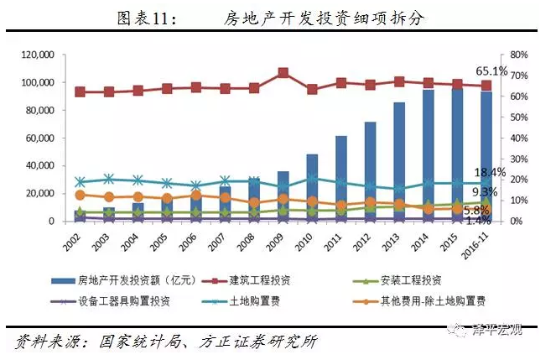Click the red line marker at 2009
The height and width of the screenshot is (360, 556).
tap(283, 73)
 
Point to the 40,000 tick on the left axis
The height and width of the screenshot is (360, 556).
tap(39, 166)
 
